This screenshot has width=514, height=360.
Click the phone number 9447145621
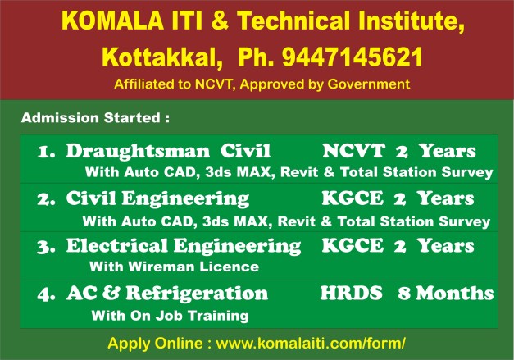click(x=353, y=57)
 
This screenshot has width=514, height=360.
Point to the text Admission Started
click(x=94, y=117)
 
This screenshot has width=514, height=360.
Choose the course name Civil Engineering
click(x=157, y=199)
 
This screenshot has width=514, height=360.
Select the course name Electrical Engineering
click(x=183, y=246)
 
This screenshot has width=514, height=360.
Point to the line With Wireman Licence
click(x=173, y=267)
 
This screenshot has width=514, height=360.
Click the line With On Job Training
click(x=170, y=314)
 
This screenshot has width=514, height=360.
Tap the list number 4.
click(x=46, y=294)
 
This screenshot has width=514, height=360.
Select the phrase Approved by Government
click(x=341, y=84)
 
